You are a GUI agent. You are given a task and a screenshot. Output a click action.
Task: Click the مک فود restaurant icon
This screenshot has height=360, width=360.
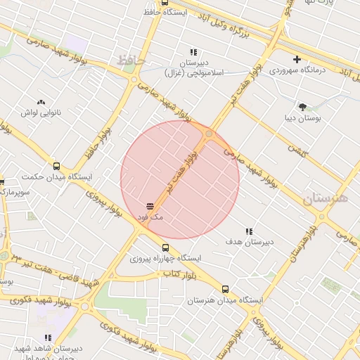150,206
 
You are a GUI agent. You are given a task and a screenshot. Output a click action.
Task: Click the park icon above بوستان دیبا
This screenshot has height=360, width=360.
302,107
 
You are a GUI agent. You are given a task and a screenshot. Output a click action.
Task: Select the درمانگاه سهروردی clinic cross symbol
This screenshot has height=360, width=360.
297,59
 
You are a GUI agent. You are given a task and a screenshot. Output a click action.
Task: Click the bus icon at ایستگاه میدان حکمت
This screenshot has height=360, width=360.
56,167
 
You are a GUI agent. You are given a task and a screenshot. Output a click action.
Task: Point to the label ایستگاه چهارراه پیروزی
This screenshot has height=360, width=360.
165,258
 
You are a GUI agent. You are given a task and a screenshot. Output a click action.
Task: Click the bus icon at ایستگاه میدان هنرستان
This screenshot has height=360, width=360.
225,289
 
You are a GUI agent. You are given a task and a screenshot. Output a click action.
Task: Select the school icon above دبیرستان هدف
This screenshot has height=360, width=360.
248,231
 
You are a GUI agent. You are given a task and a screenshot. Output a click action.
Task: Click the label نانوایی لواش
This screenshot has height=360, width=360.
41,112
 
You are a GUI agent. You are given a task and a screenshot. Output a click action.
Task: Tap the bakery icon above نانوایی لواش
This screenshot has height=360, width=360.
40,102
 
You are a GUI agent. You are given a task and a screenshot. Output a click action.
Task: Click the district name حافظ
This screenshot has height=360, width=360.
131,61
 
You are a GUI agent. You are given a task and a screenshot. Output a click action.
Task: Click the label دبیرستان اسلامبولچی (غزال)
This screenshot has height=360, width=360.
193,67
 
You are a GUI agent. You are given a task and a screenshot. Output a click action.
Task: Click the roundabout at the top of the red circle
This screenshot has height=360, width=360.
209,133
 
